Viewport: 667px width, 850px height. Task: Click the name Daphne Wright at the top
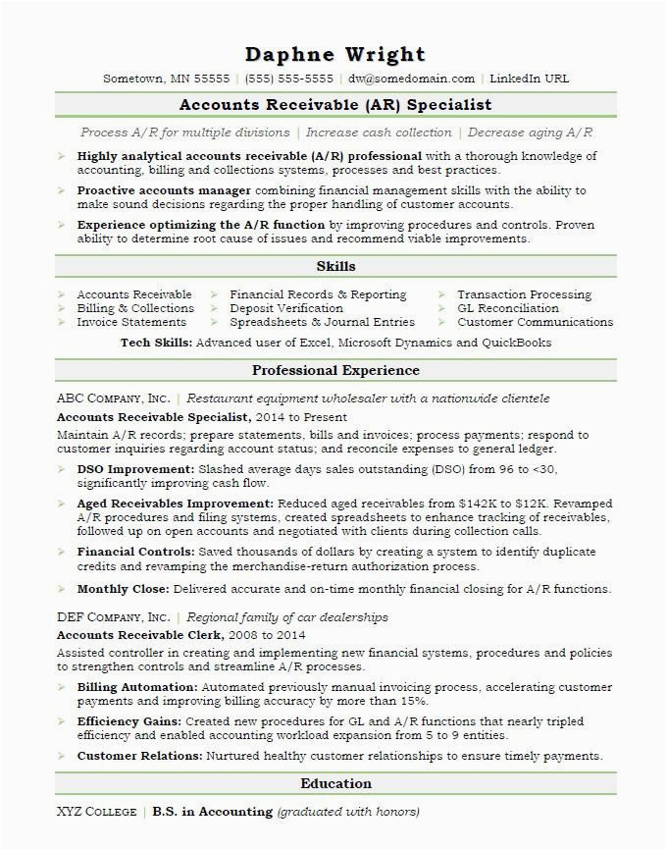335,54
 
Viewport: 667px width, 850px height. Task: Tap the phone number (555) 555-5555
288,79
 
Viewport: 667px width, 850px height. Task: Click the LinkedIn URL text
529,79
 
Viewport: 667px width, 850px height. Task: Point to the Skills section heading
335,266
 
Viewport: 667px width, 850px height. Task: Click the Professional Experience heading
335,370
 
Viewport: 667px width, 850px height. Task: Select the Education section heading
335,783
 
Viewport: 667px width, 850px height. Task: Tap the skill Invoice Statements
131,322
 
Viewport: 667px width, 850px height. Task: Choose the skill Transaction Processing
524,294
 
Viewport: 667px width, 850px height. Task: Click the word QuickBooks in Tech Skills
515,344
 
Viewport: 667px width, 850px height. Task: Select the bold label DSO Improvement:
135,470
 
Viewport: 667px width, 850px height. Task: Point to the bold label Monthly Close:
124,589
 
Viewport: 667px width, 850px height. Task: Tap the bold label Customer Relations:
140,756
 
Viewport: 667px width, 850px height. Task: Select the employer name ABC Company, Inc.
113,398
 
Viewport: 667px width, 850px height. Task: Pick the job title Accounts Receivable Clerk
140,635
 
